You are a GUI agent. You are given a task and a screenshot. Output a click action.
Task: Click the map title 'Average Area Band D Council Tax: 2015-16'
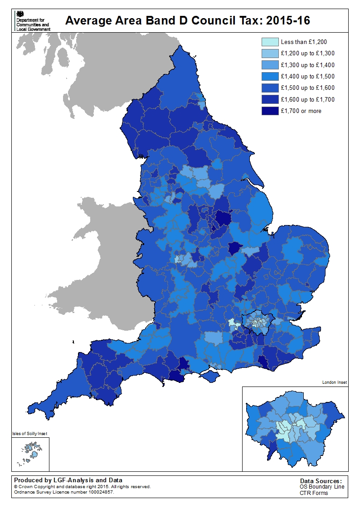pyautogui.click(x=188, y=21)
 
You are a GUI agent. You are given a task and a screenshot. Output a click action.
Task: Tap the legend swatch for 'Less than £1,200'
pyautogui.click(x=269, y=42)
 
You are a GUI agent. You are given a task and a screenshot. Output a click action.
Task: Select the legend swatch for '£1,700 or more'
pyautogui.click(x=269, y=111)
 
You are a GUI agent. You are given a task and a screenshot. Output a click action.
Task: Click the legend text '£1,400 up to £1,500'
pyautogui.click(x=307, y=77)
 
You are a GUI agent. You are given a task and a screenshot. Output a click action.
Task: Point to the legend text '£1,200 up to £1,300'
pyautogui.click(x=307, y=54)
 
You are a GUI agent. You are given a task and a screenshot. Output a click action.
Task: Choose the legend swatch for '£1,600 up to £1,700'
pyautogui.click(x=269, y=99)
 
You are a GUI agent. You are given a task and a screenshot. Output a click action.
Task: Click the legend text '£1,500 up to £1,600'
pyautogui.click(x=307, y=88)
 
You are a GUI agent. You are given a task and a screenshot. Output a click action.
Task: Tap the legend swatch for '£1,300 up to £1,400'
pyautogui.click(x=269, y=65)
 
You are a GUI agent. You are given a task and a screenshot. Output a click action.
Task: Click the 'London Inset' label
pyautogui.click(x=334, y=382)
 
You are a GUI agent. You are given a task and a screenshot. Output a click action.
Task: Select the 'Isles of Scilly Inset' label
pyautogui.click(x=29, y=434)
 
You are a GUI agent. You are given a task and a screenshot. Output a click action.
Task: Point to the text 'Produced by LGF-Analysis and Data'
pyautogui.click(x=68, y=480)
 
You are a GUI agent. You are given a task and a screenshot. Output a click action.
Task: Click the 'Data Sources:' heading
pyautogui.click(x=321, y=481)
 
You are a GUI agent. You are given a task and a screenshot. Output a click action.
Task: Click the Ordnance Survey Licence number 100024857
pyautogui.click(x=63, y=492)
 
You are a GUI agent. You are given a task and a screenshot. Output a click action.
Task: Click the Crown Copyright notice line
pyautogui.click(x=82, y=486)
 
